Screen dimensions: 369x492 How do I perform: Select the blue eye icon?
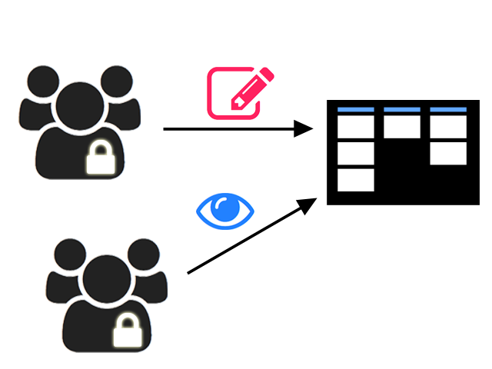[225, 211]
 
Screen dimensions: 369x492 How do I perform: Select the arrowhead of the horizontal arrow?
[305, 129]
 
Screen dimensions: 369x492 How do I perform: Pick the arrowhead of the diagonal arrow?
[308, 204]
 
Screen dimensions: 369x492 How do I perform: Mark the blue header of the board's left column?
[356, 110]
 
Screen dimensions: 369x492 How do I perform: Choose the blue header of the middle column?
[402, 110]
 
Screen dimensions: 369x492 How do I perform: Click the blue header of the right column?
[448, 110]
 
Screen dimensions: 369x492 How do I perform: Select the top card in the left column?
[356, 127]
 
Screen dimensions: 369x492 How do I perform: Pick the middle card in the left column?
[356, 153]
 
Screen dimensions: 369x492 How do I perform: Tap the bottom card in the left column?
[356, 180]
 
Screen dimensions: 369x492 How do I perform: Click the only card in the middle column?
[402, 127]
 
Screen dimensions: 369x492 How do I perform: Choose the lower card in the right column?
[448, 153]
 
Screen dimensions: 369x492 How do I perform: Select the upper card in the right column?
[448, 127]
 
